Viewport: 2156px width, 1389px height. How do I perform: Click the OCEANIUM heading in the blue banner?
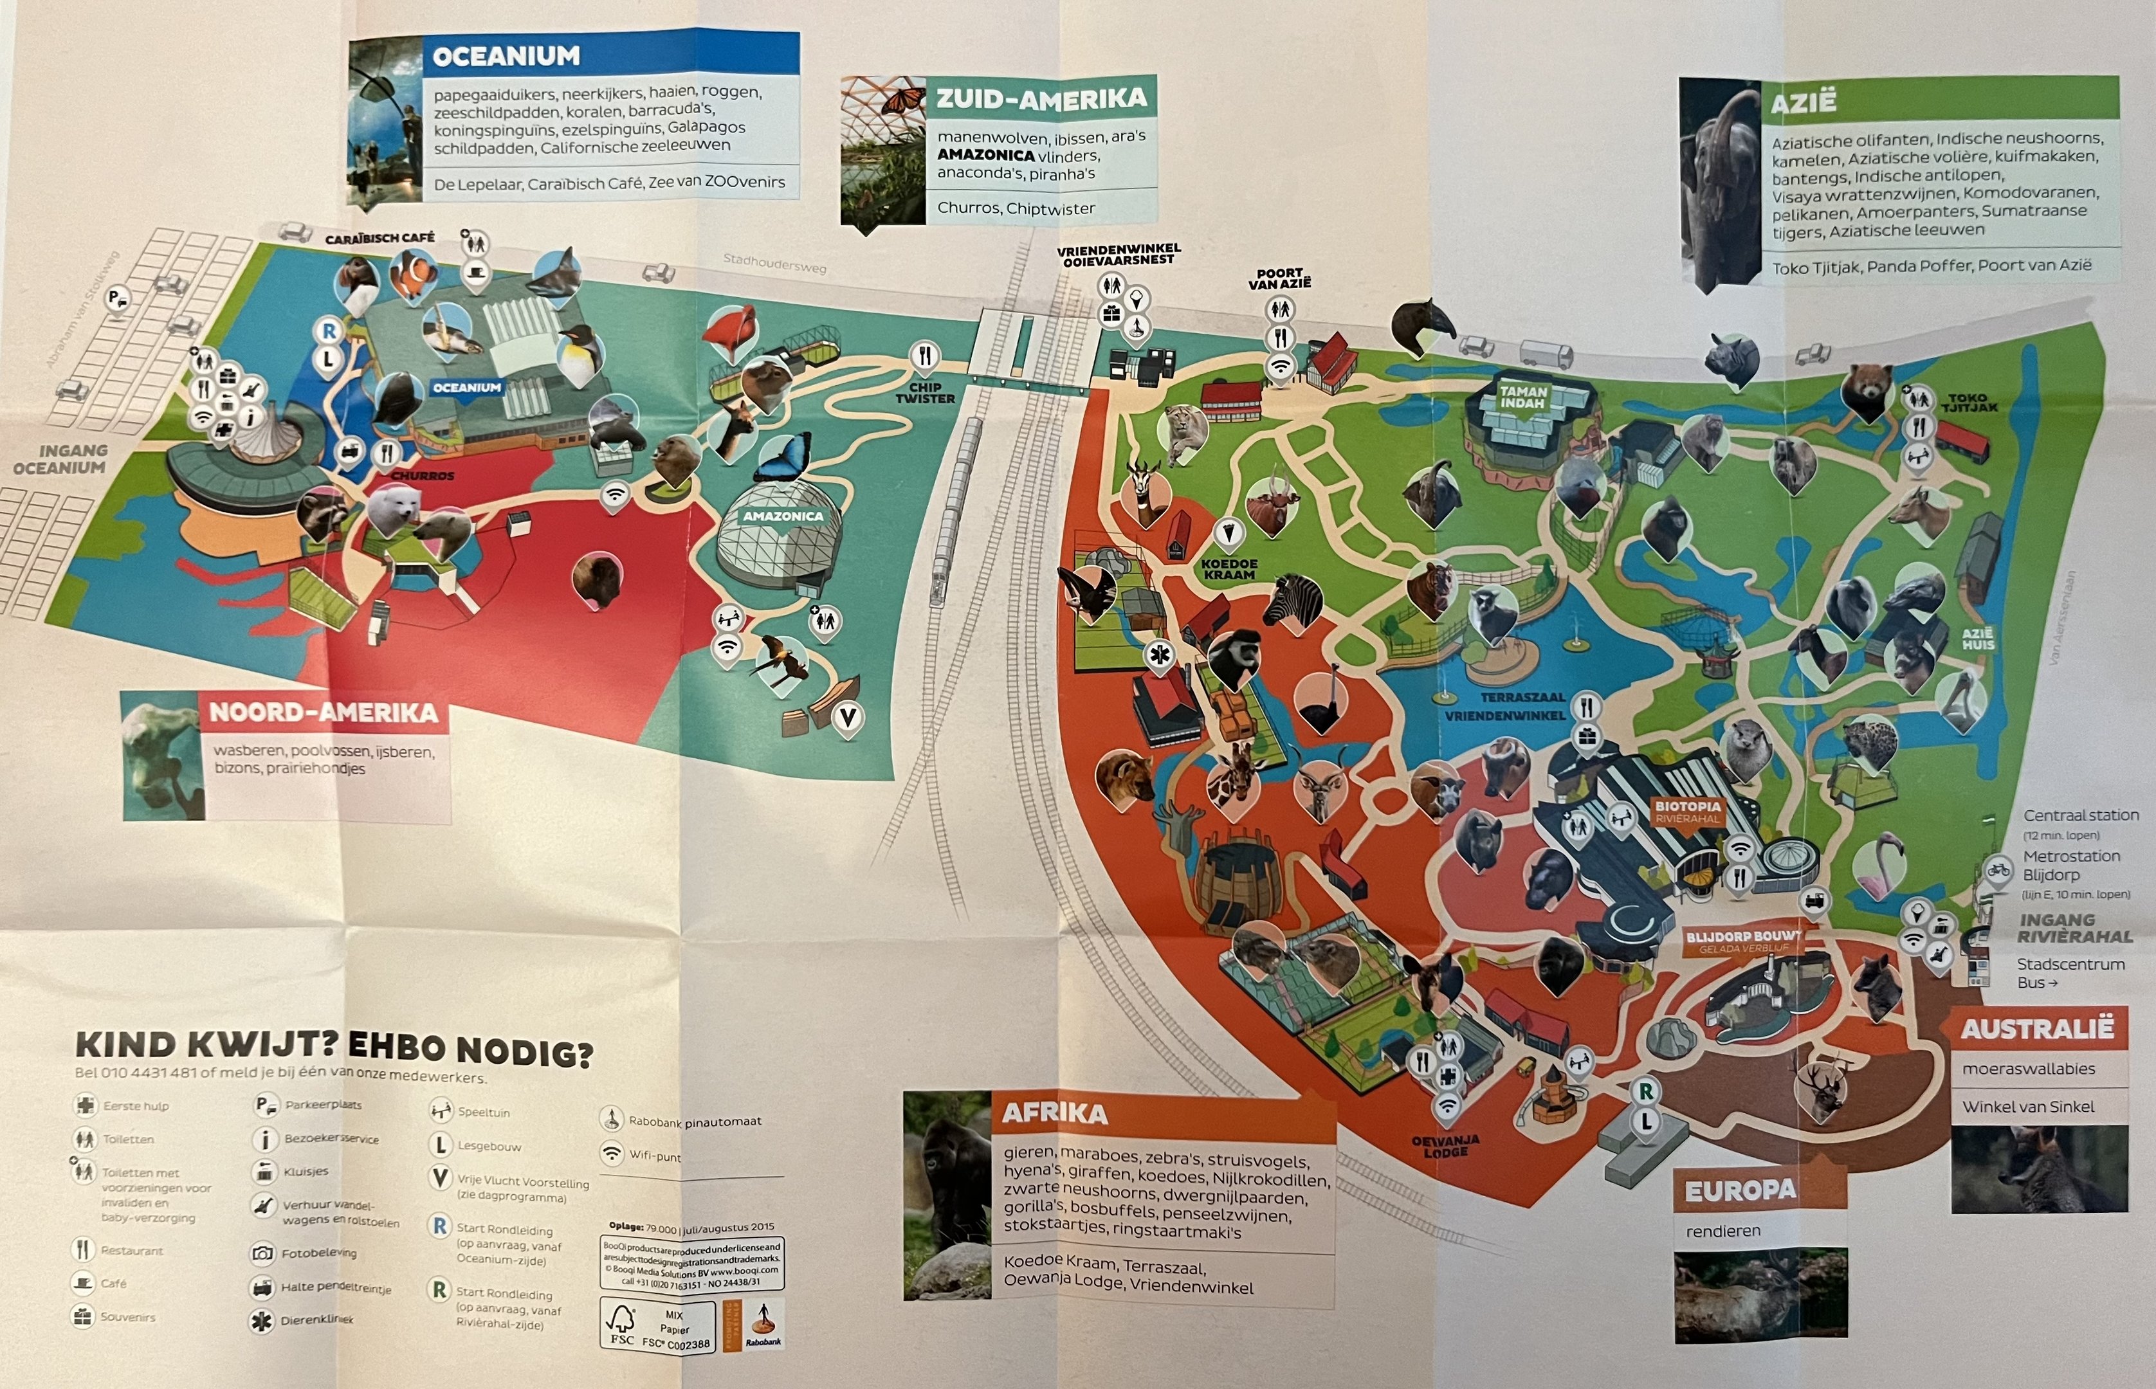pos(506,56)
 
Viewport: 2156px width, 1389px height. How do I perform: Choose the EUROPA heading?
pos(1739,1190)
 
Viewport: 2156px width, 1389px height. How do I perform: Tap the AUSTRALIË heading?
pos(2037,1028)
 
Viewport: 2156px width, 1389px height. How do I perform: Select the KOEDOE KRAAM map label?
pos(1229,568)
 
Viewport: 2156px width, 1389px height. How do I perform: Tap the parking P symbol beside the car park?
pos(117,298)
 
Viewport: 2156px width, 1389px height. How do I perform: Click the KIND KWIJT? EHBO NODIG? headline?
pos(334,1046)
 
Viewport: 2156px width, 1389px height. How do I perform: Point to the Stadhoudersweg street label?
pos(774,264)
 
